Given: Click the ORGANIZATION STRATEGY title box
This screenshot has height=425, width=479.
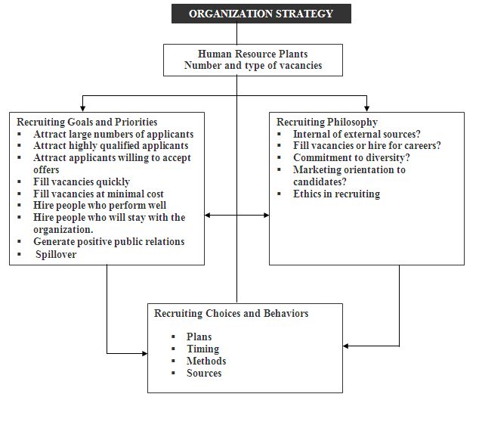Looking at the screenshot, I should coord(261,14).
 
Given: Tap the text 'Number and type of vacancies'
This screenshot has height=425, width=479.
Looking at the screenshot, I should coord(252,66).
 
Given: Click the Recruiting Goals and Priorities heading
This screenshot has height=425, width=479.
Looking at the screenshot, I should coord(87,123).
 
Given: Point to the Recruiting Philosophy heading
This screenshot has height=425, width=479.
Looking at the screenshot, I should coord(327,123).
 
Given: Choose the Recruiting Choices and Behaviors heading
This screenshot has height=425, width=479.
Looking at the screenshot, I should coord(231,313).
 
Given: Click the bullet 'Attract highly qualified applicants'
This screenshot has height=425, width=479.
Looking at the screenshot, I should coord(111,146).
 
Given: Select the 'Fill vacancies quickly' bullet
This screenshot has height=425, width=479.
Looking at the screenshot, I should coord(82,181).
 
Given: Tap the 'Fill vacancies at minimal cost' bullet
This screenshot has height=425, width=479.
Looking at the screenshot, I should coord(98,194).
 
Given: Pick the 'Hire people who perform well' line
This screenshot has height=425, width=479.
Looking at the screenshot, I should coord(100,206).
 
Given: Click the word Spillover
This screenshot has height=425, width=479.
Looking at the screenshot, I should coord(56,254).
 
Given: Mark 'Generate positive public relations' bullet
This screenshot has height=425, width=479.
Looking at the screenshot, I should coord(109,242).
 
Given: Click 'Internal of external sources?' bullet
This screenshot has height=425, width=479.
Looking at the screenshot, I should coord(357,135).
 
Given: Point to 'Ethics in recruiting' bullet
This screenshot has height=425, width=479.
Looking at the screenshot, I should coord(336,194).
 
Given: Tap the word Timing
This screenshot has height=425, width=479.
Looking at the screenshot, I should coord(202,349).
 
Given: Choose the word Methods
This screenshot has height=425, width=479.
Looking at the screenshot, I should coord(206,361).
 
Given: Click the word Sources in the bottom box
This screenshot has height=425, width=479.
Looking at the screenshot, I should coord(204,373).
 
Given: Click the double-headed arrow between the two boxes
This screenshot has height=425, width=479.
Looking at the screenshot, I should coord(236,216).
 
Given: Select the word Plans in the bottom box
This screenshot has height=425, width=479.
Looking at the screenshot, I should coord(199,337).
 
